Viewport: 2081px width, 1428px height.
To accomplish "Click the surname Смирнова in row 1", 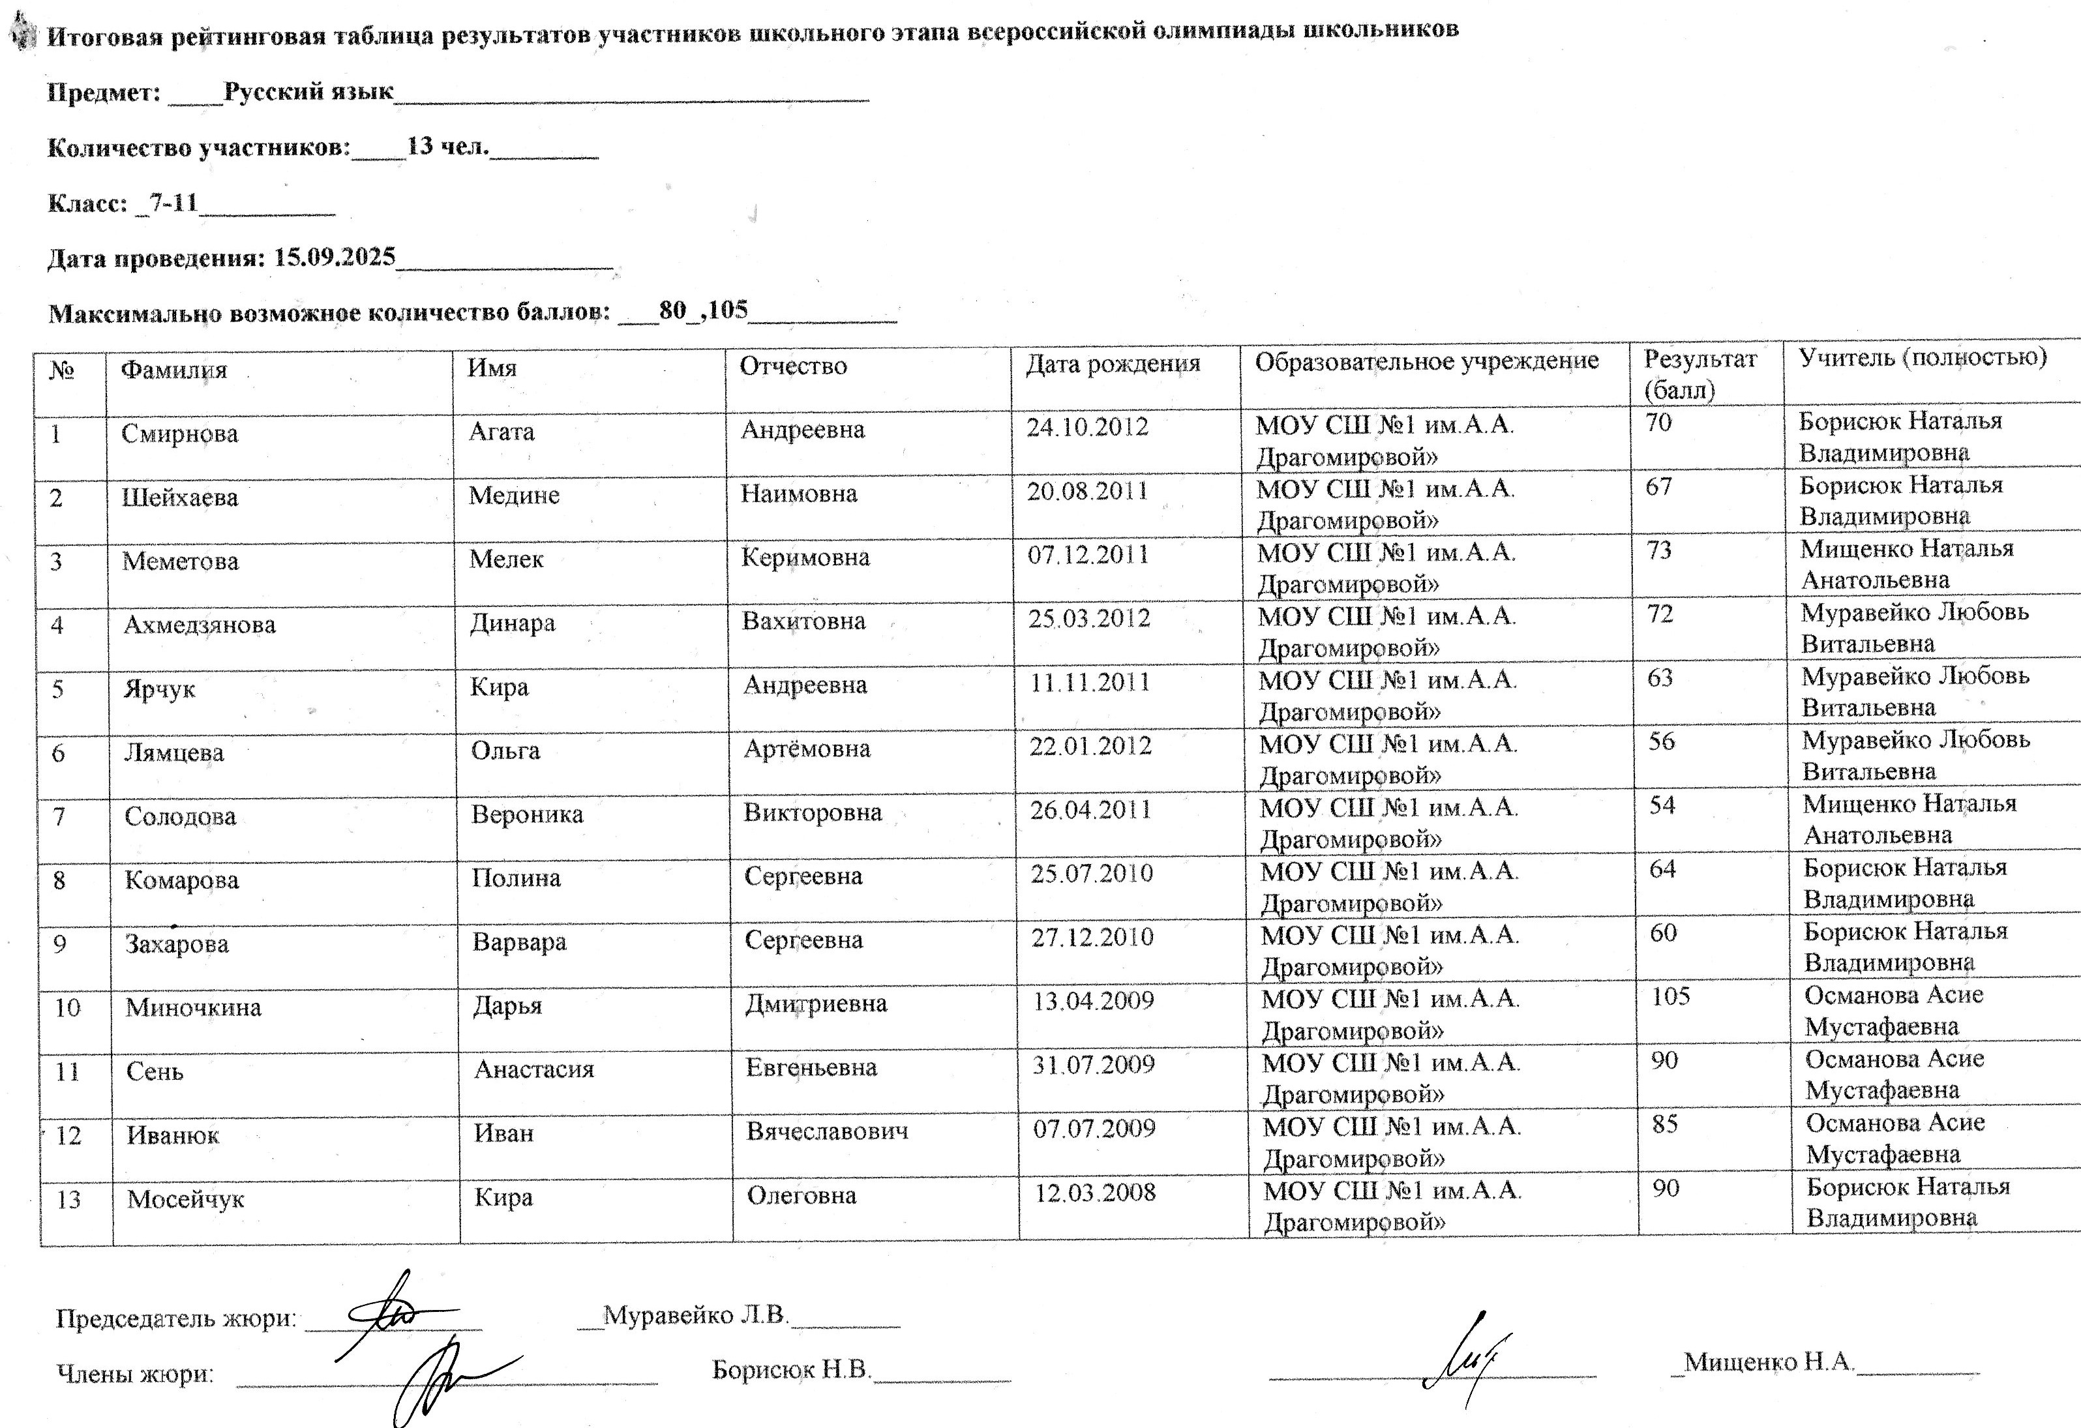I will pyautogui.click(x=179, y=434).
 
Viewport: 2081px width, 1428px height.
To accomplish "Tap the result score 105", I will pyautogui.click(x=1670, y=996).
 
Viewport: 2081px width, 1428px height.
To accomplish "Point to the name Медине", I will pyautogui.click(x=513, y=495).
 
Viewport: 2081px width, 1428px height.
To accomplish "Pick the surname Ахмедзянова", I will pyautogui.click(x=199, y=625).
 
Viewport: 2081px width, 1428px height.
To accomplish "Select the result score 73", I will pyautogui.click(x=1658, y=550).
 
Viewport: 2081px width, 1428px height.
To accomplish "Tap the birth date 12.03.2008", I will pyautogui.click(x=1095, y=1193).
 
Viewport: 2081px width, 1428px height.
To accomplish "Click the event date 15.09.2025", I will pyautogui.click(x=334, y=258).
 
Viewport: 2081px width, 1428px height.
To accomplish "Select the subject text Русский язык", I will pyautogui.click(x=308, y=92).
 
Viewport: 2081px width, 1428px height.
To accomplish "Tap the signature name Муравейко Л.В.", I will pyautogui.click(x=695, y=1315).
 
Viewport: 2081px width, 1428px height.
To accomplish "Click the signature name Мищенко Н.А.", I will pyautogui.click(x=1769, y=1361).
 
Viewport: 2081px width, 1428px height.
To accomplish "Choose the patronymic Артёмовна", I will pyautogui.click(x=806, y=749).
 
